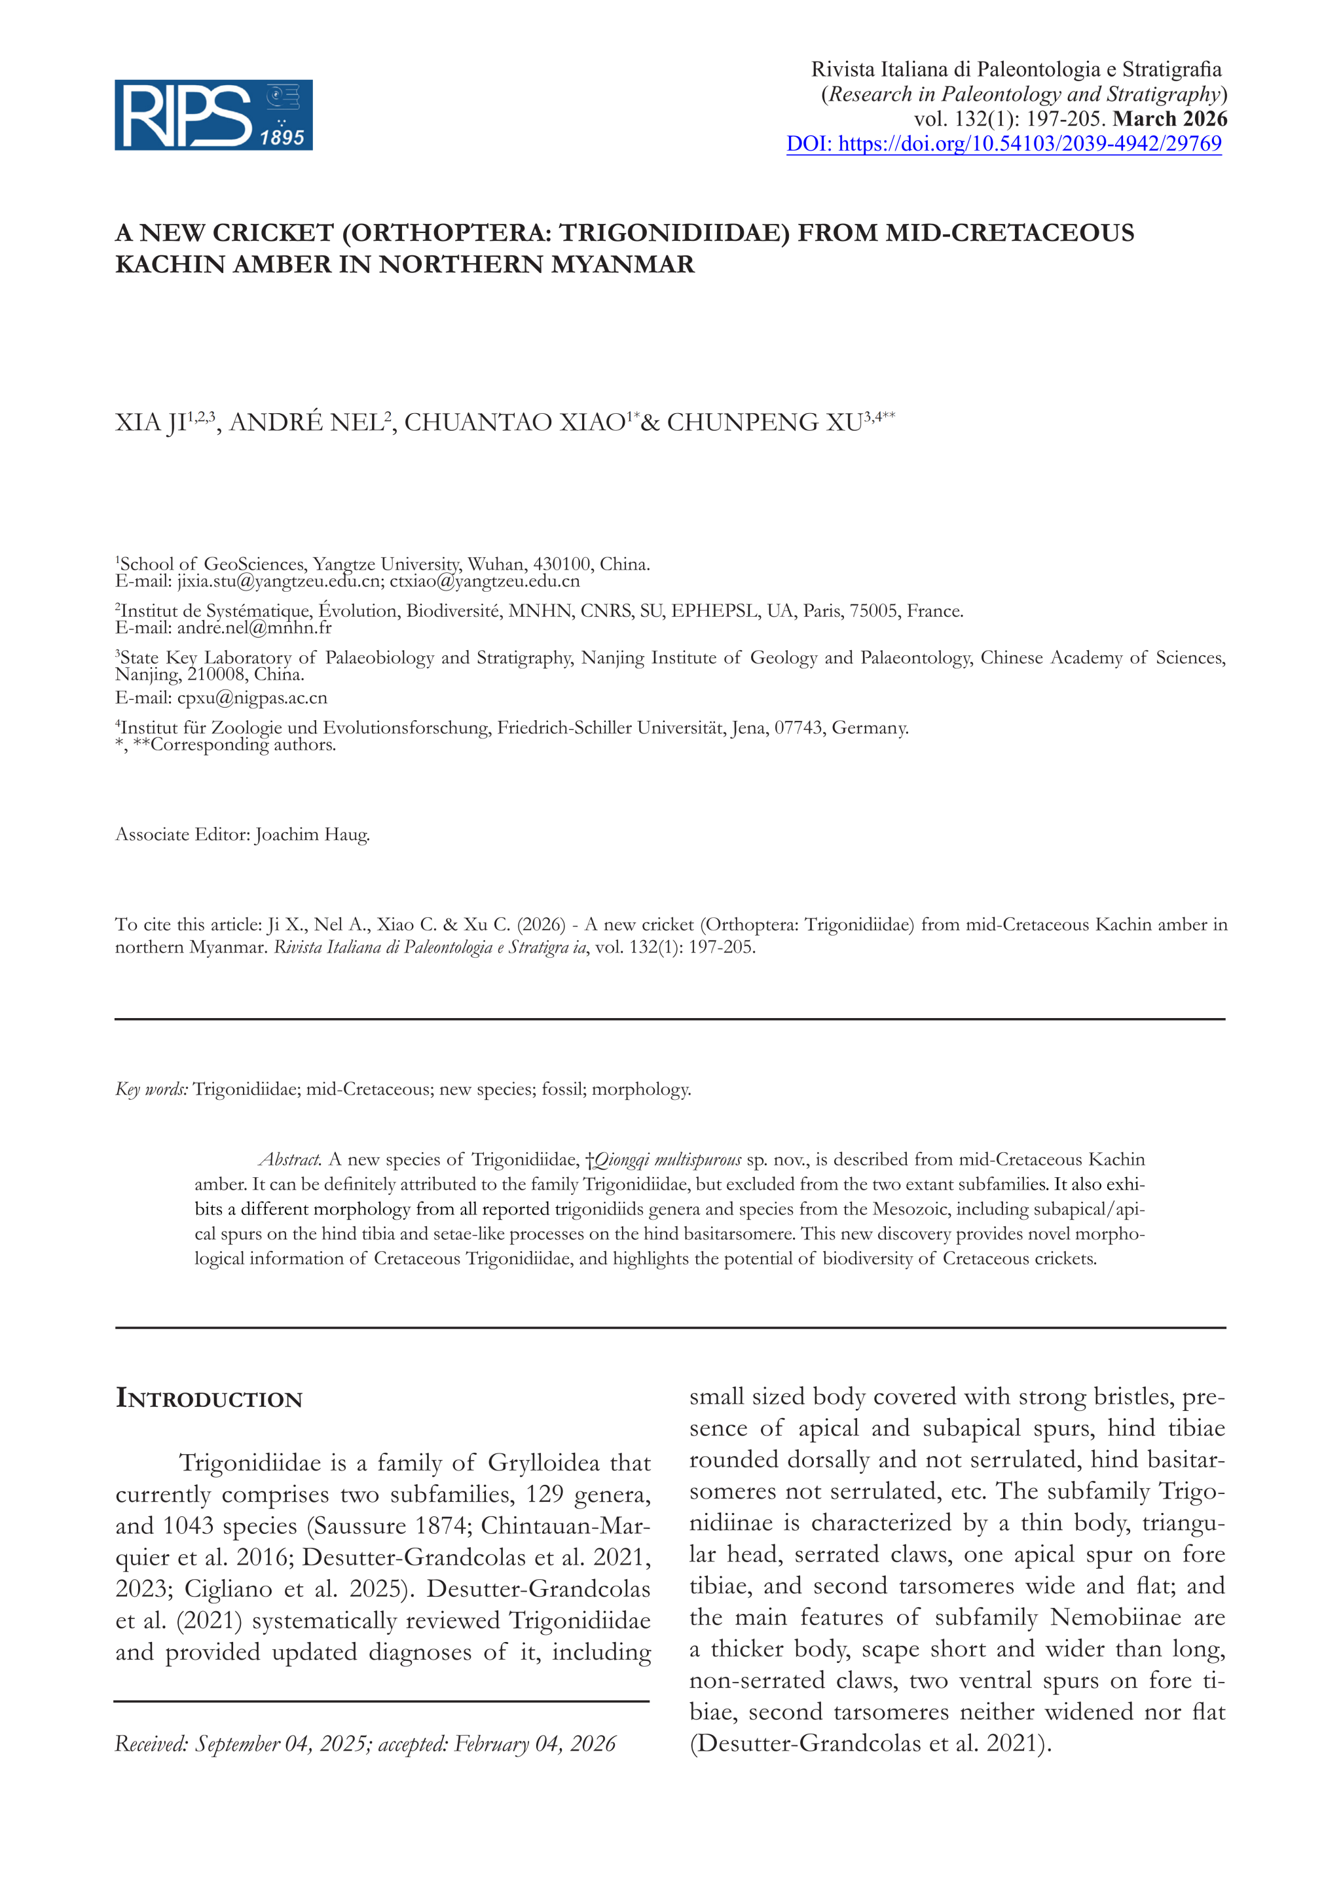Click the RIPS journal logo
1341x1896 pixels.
click(213, 115)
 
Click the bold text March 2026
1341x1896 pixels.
click(1169, 119)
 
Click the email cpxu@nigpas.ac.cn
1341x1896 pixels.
click(252, 698)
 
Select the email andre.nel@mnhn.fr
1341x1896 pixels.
click(253, 628)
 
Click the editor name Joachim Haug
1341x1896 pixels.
click(312, 834)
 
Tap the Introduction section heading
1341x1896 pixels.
click(209, 1399)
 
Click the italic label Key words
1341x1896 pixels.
click(152, 1089)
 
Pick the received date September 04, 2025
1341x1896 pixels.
click(282, 1743)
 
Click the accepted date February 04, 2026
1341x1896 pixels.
click(535, 1743)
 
